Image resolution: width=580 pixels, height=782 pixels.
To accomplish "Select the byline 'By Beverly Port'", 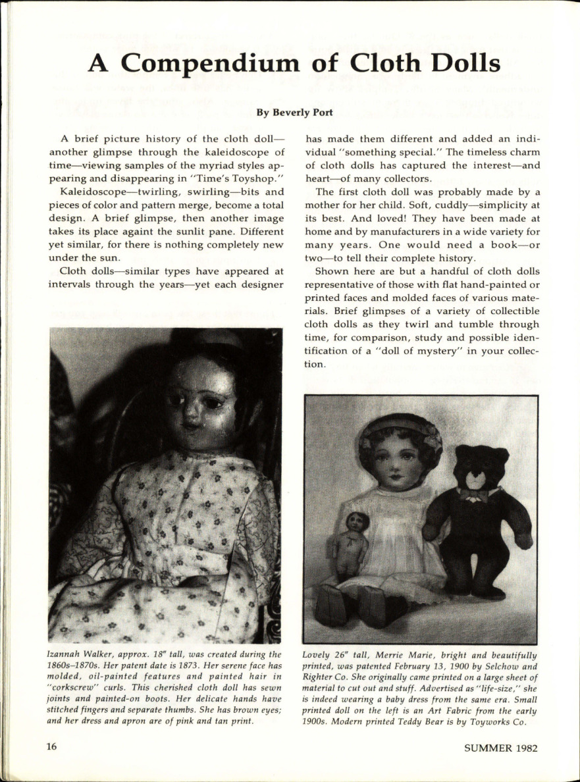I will click(x=294, y=113).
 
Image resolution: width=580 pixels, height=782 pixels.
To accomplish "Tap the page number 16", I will click(x=52, y=748).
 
